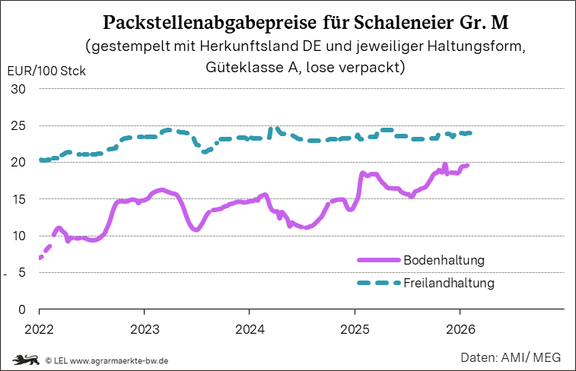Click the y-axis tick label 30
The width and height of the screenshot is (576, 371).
tap(19, 89)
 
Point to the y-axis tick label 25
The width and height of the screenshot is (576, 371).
tap(19, 125)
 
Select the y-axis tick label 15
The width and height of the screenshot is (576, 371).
tap(19, 199)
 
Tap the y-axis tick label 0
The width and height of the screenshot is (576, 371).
tap(23, 309)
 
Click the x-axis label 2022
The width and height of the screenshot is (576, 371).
tap(39, 329)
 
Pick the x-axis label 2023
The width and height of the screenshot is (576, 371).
tap(144, 329)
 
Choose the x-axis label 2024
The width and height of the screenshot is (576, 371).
tap(249, 329)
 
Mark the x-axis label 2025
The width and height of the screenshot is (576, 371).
tap(354, 329)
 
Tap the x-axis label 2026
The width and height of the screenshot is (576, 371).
tap(460, 329)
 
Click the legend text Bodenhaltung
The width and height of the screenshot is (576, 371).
tap(444, 260)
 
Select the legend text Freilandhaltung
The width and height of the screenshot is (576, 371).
tap(449, 284)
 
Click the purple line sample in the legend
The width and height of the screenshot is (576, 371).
tap(378, 260)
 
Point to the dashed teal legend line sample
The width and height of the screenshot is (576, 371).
tap(378, 284)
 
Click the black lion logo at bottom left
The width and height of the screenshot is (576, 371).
tap(25, 359)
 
